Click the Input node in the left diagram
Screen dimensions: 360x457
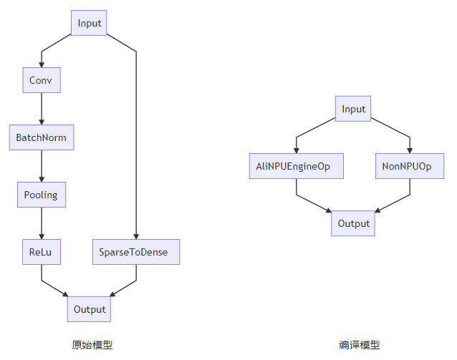[90, 23]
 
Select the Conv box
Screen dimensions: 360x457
[41, 80]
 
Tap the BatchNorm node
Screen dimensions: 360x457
[41, 137]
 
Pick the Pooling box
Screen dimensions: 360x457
[41, 195]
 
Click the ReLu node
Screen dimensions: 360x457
[41, 252]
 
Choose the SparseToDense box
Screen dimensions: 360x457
[135, 252]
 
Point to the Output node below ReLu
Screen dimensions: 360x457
[90, 309]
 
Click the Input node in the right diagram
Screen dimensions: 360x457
[353, 109]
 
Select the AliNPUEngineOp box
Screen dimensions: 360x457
[296, 166]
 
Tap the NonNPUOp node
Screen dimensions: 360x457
[410, 166]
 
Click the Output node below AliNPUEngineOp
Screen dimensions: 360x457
[353, 223]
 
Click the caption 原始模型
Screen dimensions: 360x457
[92, 345]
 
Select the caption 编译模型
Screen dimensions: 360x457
[360, 345]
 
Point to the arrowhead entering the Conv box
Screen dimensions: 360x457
[41, 64]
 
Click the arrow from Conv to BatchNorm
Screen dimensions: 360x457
[41, 109]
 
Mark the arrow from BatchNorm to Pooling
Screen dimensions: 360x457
[41, 166]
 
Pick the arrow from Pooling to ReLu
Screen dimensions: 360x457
[41, 223]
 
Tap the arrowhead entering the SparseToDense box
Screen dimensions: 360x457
[135, 236]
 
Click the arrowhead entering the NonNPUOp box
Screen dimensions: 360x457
[410, 150]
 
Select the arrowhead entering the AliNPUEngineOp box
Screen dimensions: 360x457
[296, 150]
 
